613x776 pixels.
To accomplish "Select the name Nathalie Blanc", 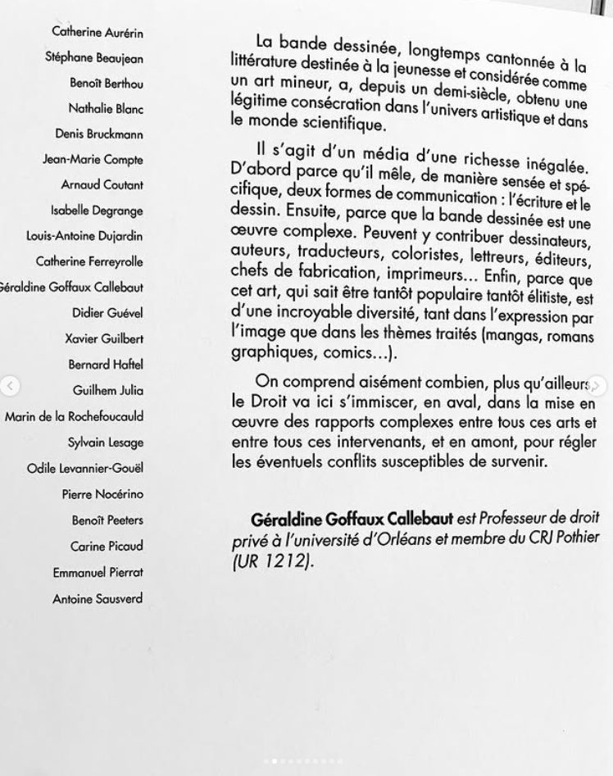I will [106, 108].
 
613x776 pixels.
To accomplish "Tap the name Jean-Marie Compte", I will [93, 160].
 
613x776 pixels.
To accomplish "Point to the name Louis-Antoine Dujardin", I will [84, 236].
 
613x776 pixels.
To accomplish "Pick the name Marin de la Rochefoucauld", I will [75, 416].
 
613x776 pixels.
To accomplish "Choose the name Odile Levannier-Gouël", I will [85, 468].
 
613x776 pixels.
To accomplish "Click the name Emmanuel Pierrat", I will [98, 573].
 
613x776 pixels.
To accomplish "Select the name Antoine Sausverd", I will [98, 599].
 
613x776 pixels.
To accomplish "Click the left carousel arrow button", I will [10, 386].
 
